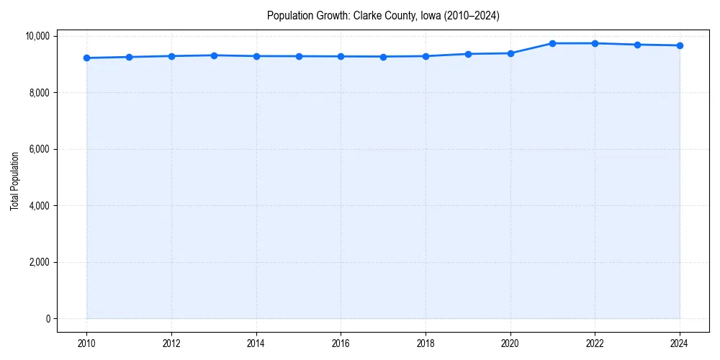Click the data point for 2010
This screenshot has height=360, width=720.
(x=86, y=58)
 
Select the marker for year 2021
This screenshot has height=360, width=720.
(x=552, y=43)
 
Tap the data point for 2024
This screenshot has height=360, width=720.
(x=680, y=45)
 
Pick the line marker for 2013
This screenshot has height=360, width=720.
(x=214, y=55)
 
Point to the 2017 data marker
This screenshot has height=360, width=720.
(x=383, y=56)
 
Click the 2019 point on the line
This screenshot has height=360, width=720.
(x=468, y=54)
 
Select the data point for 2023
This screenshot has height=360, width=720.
(x=637, y=45)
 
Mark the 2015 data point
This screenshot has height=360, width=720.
(x=299, y=56)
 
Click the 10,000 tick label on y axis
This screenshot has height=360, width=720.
(x=35, y=36)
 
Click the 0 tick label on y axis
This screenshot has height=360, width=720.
(x=47, y=319)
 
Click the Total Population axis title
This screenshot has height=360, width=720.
(x=14, y=181)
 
